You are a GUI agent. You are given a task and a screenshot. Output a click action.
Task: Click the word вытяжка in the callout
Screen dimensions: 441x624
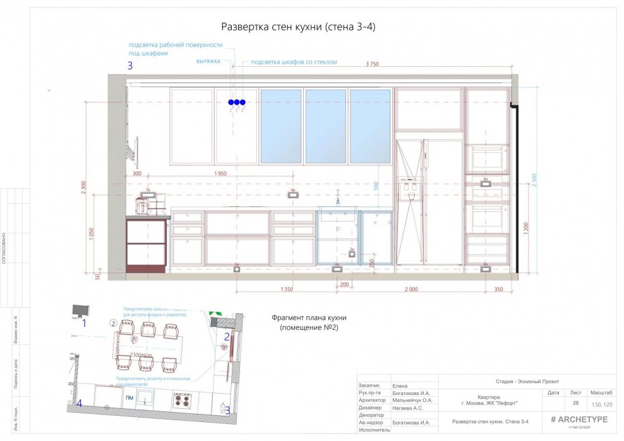(x=208, y=62)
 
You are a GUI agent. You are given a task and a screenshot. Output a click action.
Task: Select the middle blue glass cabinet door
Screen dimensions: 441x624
(x=325, y=126)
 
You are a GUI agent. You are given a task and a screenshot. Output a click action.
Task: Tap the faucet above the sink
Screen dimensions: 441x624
(x=338, y=198)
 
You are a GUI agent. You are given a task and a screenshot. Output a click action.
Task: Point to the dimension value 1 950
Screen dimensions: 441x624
(x=220, y=173)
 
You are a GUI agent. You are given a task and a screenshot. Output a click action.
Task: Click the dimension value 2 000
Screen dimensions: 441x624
(x=411, y=289)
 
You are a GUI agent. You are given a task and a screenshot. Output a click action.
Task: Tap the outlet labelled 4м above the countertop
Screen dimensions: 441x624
(x=293, y=195)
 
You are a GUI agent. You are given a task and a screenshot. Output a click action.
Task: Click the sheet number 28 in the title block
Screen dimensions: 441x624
(x=575, y=403)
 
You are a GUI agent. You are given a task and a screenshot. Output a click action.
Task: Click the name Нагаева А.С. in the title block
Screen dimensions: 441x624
(x=410, y=408)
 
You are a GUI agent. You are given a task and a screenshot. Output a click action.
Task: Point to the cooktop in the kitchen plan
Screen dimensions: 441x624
(x=183, y=399)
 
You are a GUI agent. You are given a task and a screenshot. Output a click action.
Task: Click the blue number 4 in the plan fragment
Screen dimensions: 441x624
(x=80, y=404)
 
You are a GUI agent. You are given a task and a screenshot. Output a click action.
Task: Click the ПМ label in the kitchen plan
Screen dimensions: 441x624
(x=129, y=398)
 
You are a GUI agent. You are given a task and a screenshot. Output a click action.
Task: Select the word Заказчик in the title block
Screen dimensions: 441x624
(x=369, y=385)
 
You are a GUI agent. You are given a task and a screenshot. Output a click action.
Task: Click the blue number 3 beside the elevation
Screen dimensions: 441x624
(x=131, y=65)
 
